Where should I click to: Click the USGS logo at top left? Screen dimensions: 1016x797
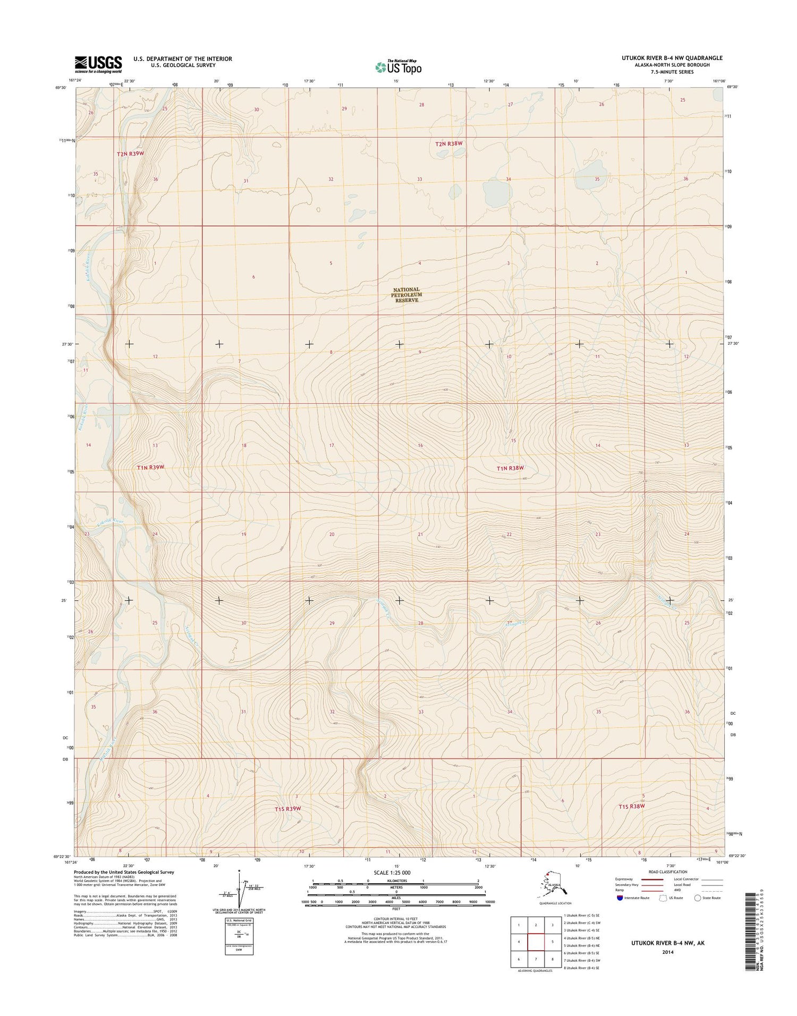[98, 64]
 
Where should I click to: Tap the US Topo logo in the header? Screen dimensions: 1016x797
[398, 67]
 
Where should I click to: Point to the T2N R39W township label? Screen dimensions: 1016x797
[131, 154]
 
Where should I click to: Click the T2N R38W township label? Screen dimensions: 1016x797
[449, 143]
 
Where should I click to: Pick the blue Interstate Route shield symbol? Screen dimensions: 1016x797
[620, 898]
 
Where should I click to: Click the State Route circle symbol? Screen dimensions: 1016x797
[698, 898]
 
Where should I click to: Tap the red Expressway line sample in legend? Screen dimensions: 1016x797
[652, 879]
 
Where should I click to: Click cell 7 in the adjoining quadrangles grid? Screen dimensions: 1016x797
[536, 959]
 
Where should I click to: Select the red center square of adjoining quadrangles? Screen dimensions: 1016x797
[536, 942]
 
